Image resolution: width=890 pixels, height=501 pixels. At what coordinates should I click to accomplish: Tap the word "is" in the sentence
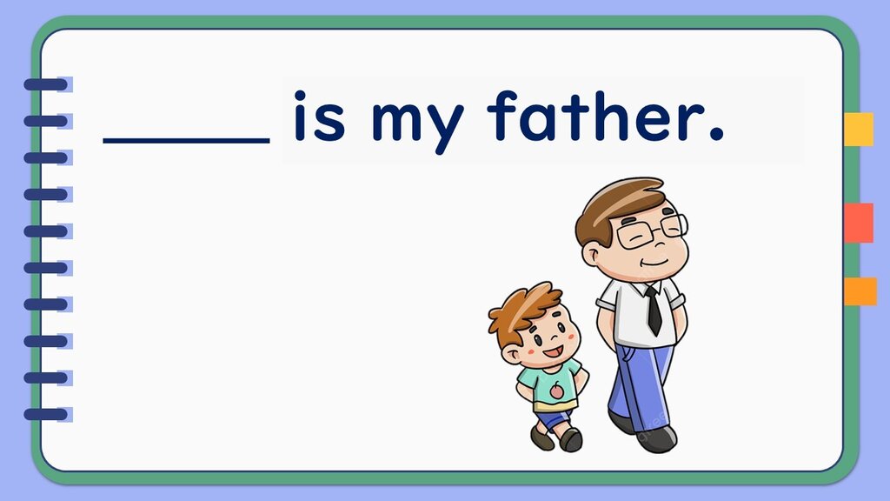(318, 116)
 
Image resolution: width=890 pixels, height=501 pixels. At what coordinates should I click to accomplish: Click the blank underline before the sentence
(186, 140)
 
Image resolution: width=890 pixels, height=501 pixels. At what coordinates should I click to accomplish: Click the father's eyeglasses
(652, 230)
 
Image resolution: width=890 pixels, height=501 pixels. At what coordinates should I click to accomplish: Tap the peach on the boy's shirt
(556, 391)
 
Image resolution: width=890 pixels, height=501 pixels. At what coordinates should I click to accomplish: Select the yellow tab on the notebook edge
(858, 129)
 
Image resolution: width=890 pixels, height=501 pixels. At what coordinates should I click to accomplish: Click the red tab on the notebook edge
(858, 223)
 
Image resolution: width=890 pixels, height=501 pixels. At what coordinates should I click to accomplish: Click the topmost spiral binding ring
(45, 85)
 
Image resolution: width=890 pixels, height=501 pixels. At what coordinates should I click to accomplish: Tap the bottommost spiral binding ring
(45, 415)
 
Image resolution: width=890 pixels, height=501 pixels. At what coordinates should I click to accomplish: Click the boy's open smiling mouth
(553, 352)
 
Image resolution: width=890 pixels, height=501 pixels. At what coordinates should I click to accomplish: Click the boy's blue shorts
(552, 419)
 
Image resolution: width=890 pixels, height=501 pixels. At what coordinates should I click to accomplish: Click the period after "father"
(717, 135)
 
